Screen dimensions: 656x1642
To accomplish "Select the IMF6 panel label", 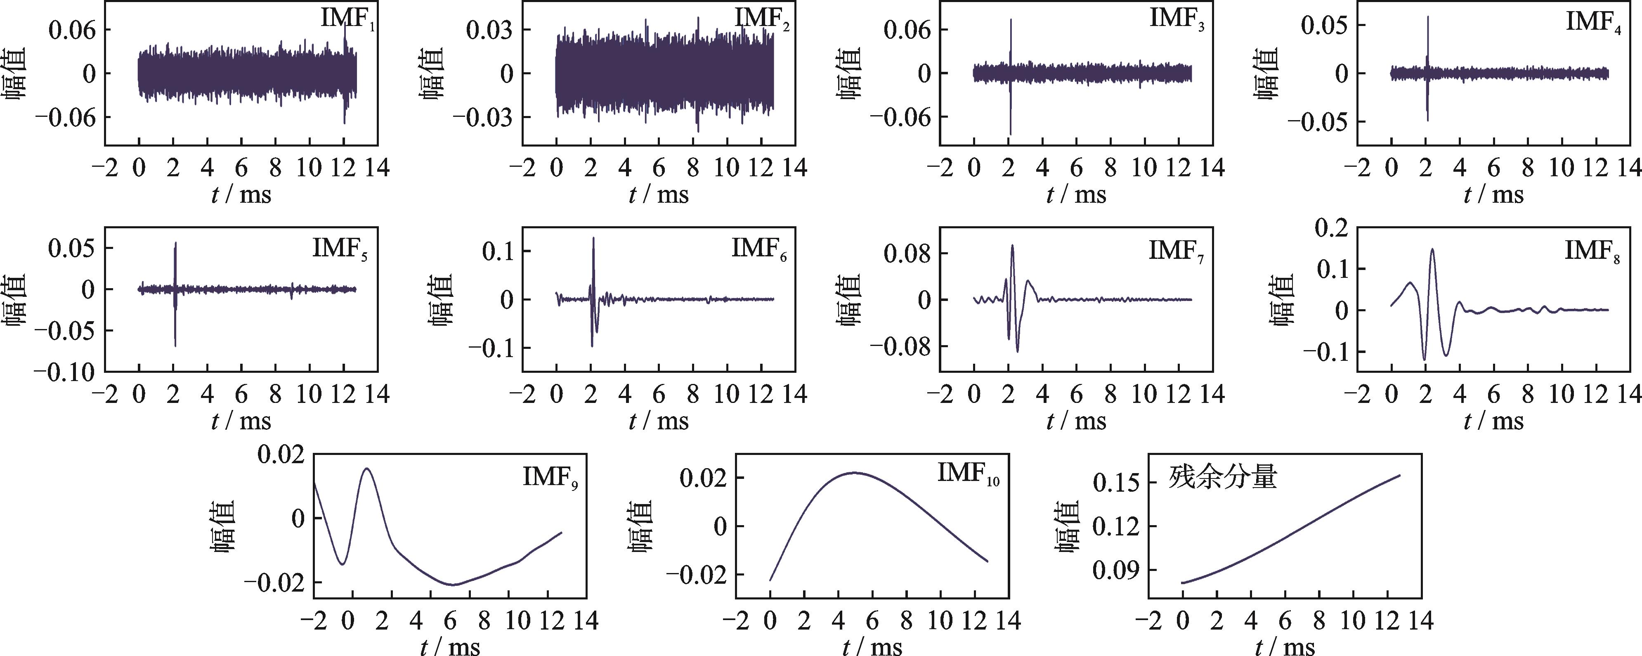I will [x=758, y=249].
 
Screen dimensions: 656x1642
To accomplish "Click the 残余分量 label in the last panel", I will [x=1223, y=477].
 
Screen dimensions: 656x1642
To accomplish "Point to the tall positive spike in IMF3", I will [x=1010, y=20].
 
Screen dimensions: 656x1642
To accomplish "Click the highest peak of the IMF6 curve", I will [x=593, y=239].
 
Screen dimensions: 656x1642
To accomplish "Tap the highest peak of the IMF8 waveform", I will [x=1432, y=249].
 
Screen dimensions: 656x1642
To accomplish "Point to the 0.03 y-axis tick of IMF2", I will [x=489, y=30].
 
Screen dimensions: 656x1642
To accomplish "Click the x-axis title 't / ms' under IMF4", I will [x=1493, y=194].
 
